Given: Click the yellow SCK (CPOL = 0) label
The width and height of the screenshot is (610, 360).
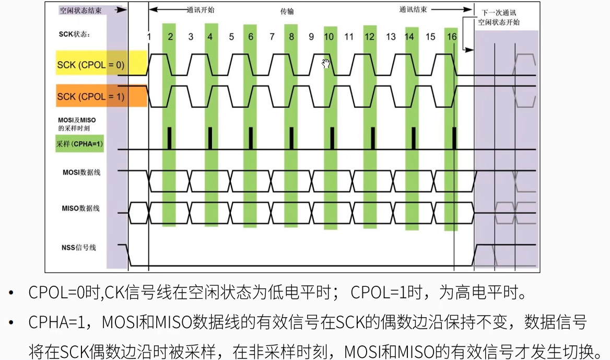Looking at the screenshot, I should click(x=91, y=65).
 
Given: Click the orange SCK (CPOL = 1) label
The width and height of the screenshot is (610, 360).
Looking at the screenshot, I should click(x=91, y=97).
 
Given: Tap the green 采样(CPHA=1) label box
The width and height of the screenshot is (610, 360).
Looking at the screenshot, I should click(x=79, y=144).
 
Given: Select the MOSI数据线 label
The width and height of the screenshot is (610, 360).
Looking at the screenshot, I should click(x=81, y=172).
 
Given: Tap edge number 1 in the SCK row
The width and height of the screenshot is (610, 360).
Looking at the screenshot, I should click(x=149, y=37).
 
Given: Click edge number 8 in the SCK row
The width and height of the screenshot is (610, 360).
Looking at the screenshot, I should click(x=291, y=37).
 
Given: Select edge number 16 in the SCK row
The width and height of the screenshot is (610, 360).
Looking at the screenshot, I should click(x=452, y=37).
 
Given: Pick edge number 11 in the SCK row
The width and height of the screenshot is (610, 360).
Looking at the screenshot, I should click(x=349, y=37).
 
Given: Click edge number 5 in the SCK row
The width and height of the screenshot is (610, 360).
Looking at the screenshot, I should click(x=231, y=37).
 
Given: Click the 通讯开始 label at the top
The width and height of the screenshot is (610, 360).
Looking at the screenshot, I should click(x=201, y=9).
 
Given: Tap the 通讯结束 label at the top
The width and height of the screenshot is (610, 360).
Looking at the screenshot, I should click(x=413, y=9).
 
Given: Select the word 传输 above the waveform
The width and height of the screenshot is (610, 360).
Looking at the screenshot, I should click(x=287, y=11).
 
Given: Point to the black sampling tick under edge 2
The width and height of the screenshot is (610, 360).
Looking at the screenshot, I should click(x=169, y=138).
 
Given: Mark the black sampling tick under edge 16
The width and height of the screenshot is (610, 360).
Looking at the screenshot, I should click(x=454, y=138).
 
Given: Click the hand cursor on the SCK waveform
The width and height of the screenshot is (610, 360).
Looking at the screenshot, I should click(x=326, y=64).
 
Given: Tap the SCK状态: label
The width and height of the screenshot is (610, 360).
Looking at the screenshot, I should click(x=74, y=34).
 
